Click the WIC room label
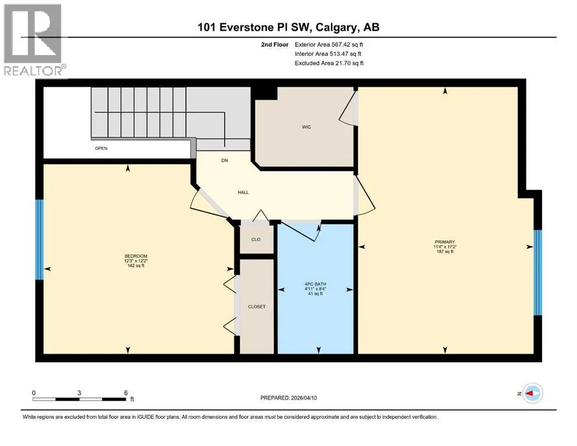(x=306, y=127)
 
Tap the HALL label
(x=243, y=192)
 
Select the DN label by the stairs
(x=224, y=160)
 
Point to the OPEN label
(x=101, y=148)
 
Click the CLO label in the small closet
(x=256, y=239)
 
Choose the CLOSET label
(x=256, y=307)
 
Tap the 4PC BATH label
(x=316, y=284)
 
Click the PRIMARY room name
(x=445, y=242)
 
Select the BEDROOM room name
(x=136, y=256)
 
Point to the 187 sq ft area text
(x=445, y=251)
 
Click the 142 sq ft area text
(x=136, y=265)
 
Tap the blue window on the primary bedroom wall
(x=537, y=272)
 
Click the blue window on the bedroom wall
(x=40, y=239)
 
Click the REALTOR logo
(x=34, y=40)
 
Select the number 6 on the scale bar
(x=126, y=393)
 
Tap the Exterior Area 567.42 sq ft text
(x=329, y=45)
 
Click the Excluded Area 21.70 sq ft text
(x=329, y=63)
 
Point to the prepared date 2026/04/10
(x=303, y=398)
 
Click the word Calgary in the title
(x=336, y=27)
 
